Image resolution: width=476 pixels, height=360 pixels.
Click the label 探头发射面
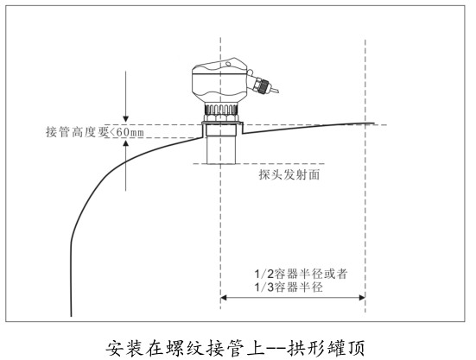click(x=289, y=174)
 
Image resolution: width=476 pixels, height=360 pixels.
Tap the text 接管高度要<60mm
click(x=95, y=132)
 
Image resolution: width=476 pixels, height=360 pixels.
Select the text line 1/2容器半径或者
click(x=301, y=274)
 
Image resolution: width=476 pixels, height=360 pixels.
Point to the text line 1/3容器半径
click(x=289, y=287)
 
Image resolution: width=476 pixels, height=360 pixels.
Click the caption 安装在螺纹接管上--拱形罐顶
click(x=235, y=348)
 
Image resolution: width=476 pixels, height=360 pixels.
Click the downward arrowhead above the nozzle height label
click(x=125, y=119)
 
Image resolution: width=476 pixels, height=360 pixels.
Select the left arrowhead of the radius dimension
click(x=224, y=298)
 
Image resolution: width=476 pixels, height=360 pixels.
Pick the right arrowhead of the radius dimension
click(x=362, y=298)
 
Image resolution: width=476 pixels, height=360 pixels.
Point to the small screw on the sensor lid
click(x=228, y=64)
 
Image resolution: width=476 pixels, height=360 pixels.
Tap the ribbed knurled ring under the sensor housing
click(x=221, y=109)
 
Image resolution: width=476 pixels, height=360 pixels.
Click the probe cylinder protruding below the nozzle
click(x=221, y=150)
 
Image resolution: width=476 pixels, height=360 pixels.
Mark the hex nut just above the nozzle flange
click(x=221, y=117)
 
